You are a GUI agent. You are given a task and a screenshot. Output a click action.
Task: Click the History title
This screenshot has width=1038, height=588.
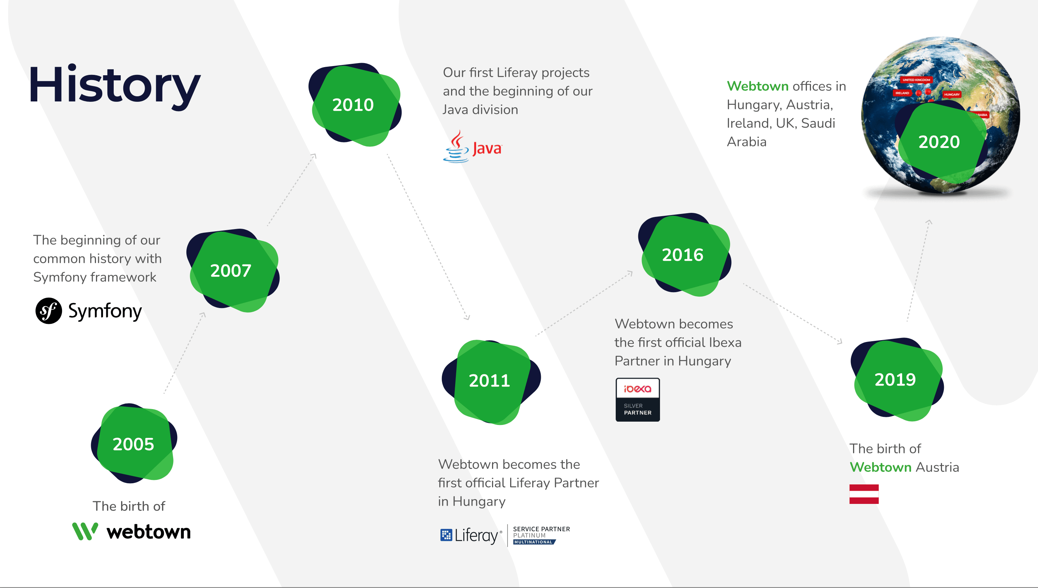(x=115, y=86)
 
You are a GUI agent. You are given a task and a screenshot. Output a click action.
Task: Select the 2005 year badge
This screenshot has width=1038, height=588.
(x=134, y=443)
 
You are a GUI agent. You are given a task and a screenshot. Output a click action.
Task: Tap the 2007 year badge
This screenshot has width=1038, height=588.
(x=233, y=270)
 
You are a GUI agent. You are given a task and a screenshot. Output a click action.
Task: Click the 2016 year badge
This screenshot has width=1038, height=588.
(x=684, y=255)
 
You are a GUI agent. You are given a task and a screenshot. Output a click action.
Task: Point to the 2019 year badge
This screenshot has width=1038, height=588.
(x=897, y=379)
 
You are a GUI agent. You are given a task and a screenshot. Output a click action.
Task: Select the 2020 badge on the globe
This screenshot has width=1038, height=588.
(x=941, y=141)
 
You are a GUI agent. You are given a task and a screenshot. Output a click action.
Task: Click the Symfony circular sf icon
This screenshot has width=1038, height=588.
(x=48, y=311)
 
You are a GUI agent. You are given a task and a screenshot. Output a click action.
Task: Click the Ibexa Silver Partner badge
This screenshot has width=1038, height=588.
(x=637, y=400)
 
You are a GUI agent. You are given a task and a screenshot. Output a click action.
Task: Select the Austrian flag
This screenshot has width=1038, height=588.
(x=864, y=494)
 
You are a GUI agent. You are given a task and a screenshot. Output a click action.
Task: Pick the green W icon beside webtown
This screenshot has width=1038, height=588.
(x=85, y=531)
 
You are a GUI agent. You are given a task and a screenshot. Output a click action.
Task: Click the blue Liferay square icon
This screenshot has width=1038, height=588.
(x=446, y=535)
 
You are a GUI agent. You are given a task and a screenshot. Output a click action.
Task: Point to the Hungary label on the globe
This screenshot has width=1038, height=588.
(x=952, y=94)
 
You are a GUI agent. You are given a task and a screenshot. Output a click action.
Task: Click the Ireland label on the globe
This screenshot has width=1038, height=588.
(x=902, y=93)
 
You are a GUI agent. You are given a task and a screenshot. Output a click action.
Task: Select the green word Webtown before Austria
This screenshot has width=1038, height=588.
(x=880, y=467)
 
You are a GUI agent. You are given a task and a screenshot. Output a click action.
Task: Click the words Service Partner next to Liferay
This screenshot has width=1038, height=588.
(x=542, y=529)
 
